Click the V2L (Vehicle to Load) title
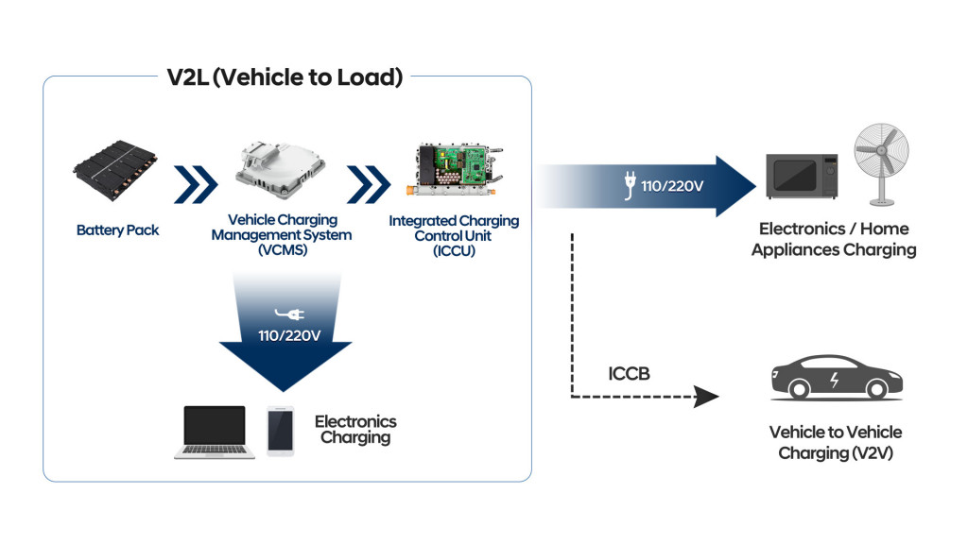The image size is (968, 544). point(285,77)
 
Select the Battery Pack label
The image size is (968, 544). point(118,230)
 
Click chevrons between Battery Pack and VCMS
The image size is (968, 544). point(196,182)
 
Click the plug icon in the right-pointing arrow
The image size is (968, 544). point(629,186)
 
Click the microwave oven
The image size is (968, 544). point(801,176)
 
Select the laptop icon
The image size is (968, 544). point(215,432)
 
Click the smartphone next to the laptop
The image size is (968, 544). point(280,431)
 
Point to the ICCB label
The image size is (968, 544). point(629,374)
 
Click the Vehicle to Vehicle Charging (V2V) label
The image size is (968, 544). point(835,442)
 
